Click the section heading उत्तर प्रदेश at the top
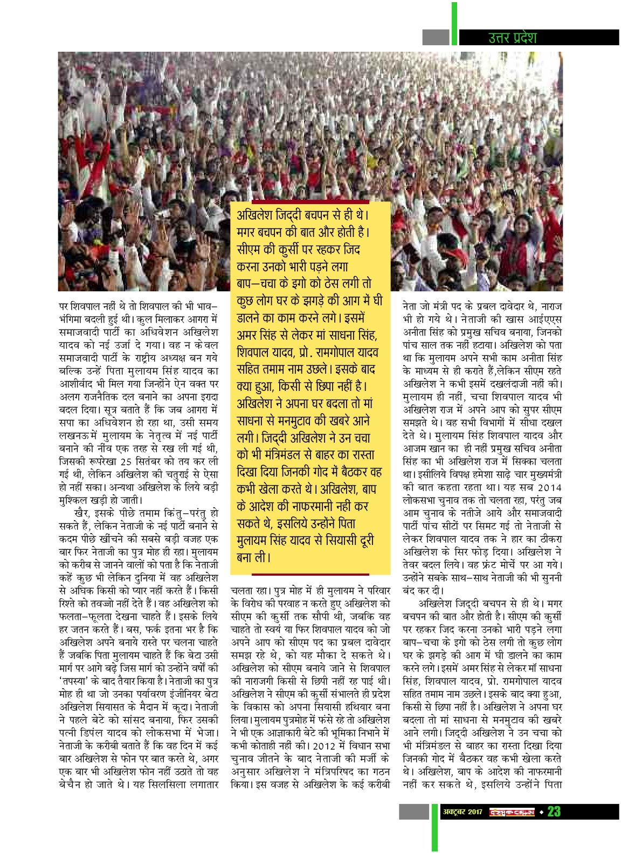[x=512, y=37]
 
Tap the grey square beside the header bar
[x=436, y=37]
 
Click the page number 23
[x=554, y=812]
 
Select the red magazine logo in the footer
[x=512, y=812]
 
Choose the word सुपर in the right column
[x=520, y=410]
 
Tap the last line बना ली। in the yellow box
[x=253, y=557]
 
